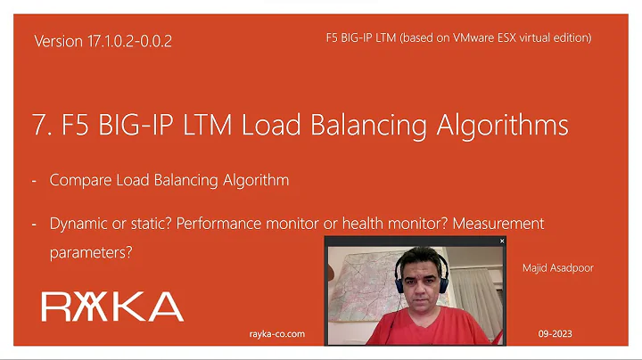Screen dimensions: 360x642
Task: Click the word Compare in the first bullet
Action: point(82,180)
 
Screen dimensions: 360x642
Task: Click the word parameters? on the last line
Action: point(91,252)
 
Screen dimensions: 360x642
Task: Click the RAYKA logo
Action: point(112,307)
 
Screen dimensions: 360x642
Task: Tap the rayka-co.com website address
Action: point(277,333)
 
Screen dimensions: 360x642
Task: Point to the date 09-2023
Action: point(555,333)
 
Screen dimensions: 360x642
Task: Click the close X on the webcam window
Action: point(502,241)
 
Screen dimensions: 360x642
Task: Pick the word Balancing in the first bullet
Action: point(188,180)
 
